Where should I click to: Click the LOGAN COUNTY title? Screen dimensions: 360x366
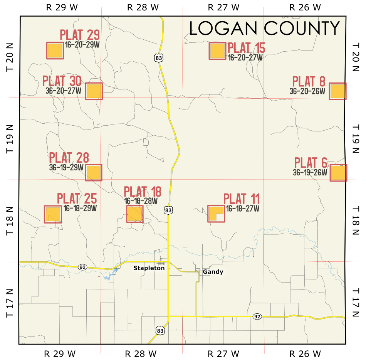(x=265, y=29)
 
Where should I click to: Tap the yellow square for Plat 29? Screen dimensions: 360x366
(x=55, y=50)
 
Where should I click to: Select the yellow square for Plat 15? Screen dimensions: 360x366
(x=217, y=51)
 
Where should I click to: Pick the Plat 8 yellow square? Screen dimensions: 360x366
(x=337, y=91)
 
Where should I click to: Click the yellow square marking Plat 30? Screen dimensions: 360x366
(x=94, y=91)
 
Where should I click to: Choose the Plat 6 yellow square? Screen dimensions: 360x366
(x=338, y=173)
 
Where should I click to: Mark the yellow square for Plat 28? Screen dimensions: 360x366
(x=94, y=173)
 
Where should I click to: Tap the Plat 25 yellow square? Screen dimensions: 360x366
(x=53, y=214)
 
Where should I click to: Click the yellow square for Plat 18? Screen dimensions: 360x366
(x=135, y=214)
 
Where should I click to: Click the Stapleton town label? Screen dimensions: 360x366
(x=149, y=268)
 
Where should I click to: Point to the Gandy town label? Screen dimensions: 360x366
(x=213, y=272)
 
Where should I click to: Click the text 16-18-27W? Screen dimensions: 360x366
(x=242, y=209)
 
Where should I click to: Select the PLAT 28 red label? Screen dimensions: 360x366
(x=69, y=158)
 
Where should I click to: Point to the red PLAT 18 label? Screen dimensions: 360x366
(x=142, y=192)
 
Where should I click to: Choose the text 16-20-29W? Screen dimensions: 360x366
(x=82, y=44)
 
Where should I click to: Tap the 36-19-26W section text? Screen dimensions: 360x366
(x=310, y=172)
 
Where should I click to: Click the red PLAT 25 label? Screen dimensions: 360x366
(x=77, y=199)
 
